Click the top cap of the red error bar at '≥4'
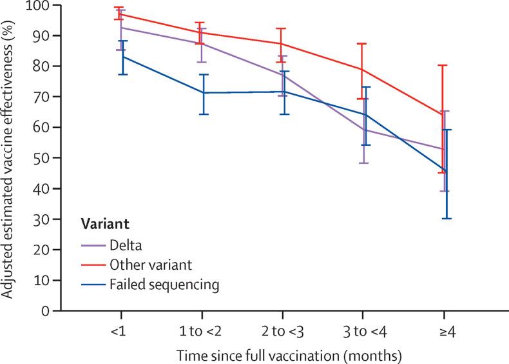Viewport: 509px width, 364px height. pos(443,65)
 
